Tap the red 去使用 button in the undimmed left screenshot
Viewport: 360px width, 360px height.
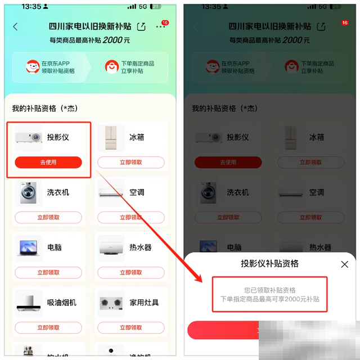[48, 162]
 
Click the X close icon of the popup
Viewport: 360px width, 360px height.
[345, 264]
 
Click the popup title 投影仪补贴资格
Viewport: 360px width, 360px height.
[270, 263]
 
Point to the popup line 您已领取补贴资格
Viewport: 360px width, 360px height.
[269, 289]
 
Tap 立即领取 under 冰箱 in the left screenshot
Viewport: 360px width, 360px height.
[130, 162]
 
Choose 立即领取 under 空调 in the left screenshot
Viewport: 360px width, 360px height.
[130, 217]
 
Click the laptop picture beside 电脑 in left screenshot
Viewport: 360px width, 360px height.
[28, 248]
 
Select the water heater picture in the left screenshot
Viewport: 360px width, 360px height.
[111, 248]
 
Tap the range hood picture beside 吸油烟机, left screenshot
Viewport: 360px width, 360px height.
[28, 303]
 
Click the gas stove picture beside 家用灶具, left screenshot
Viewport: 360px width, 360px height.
[111, 303]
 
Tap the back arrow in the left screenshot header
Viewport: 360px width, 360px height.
[15, 26]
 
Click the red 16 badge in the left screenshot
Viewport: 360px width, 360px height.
[165, 22]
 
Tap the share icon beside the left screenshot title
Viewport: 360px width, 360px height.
[141, 26]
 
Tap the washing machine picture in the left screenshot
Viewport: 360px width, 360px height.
[28, 193]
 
